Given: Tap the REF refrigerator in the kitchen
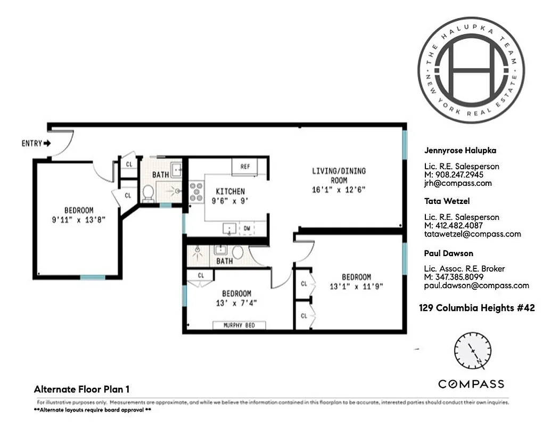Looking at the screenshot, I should (x=245, y=167).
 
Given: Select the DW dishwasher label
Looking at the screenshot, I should (x=247, y=228).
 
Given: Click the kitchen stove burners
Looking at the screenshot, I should (x=196, y=192).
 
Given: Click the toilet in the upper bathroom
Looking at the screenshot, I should (x=148, y=192).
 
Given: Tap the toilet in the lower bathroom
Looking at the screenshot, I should (x=237, y=251).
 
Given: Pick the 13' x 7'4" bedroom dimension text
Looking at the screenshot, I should (x=237, y=303).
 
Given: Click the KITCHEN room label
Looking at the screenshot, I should (x=230, y=192).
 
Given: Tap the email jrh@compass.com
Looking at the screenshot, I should (x=457, y=183).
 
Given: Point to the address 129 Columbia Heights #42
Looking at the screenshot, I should (x=476, y=308).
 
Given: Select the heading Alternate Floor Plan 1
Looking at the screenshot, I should (x=81, y=389).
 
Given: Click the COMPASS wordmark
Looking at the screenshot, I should (x=471, y=384).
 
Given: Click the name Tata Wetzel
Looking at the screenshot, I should (x=447, y=201).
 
